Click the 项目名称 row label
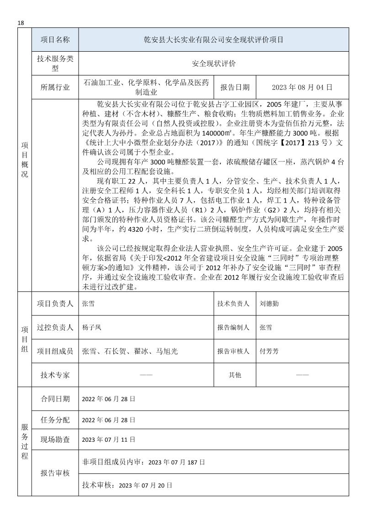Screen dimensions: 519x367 55,40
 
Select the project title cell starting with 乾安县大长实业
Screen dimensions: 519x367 213,40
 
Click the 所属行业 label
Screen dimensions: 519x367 55,87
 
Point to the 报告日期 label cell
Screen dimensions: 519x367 235,87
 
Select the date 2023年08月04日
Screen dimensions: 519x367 302,87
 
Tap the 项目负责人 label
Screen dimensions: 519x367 55,304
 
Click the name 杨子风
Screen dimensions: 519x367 91,327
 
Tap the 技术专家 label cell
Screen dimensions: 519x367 55,375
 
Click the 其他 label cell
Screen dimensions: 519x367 235,375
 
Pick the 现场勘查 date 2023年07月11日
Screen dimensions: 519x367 108,439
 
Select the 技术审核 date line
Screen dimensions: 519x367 126,485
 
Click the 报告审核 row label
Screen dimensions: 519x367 55,473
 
